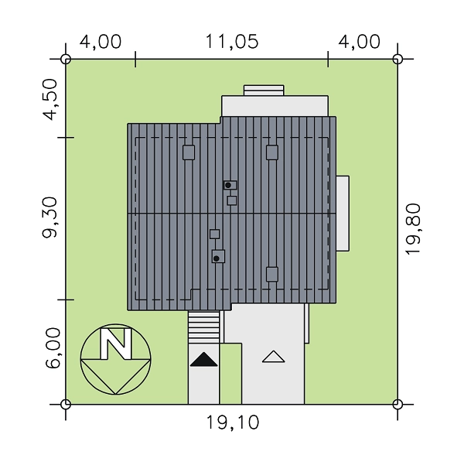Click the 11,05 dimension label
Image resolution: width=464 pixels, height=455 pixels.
click(x=232, y=42)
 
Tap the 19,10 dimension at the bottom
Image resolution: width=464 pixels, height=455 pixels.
click(x=232, y=422)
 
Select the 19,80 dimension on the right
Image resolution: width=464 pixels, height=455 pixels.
click(x=413, y=229)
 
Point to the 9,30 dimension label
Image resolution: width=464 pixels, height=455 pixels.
click(x=49, y=217)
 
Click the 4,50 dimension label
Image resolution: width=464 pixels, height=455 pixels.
click(x=49, y=100)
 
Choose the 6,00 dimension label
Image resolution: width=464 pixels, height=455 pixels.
click(x=53, y=348)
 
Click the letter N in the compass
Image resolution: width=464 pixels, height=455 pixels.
click(x=116, y=344)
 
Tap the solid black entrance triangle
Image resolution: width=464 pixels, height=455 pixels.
click(x=203, y=359)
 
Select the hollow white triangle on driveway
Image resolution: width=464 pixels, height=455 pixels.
click(x=274, y=357)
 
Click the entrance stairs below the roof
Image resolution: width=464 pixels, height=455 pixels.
click(x=204, y=327)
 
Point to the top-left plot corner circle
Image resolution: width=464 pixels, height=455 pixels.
click(x=66, y=59)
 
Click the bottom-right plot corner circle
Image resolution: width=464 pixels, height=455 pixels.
click(x=397, y=404)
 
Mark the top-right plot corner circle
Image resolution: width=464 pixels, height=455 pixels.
click(x=397, y=59)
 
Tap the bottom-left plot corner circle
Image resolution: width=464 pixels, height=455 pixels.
click(x=66, y=404)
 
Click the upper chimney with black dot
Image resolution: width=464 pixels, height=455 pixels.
click(x=230, y=185)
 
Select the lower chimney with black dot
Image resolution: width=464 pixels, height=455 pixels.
click(x=218, y=256)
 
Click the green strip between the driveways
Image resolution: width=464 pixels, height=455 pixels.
click(x=230, y=374)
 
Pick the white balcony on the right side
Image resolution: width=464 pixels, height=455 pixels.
click(x=343, y=214)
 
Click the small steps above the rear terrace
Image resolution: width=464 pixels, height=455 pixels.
click(x=264, y=91)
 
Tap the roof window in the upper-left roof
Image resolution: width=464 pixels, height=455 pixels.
click(x=189, y=152)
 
